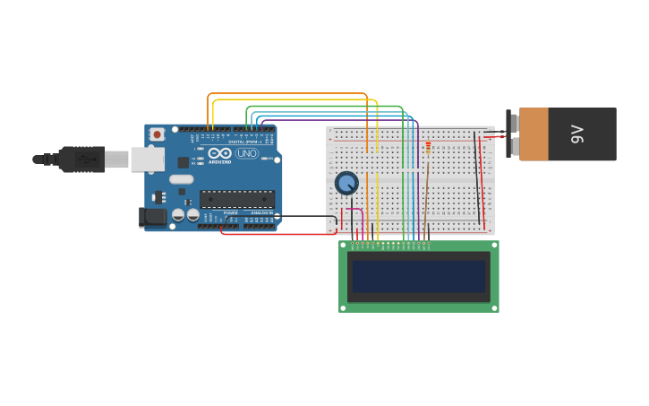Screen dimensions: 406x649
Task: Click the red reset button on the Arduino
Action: [157, 134]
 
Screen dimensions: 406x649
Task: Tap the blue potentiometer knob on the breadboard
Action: [346, 183]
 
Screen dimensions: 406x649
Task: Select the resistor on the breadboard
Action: [428, 148]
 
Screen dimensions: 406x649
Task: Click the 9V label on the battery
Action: [577, 134]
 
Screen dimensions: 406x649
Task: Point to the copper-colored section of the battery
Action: [534, 134]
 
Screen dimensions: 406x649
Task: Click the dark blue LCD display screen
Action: [418, 276]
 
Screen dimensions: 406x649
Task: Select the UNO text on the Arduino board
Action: [246, 154]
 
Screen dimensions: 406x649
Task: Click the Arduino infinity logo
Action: [220, 153]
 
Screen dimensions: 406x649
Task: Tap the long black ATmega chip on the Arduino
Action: [236, 199]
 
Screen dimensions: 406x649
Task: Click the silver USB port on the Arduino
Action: [147, 160]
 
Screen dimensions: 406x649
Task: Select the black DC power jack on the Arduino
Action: [152, 216]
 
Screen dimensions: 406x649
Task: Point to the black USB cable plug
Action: [81, 159]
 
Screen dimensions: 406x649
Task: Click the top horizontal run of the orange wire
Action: [286, 93]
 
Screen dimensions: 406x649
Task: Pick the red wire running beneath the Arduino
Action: [278, 235]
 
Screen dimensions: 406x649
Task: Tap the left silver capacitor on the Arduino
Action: [178, 215]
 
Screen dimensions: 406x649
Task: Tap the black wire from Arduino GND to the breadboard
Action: [309, 216]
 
